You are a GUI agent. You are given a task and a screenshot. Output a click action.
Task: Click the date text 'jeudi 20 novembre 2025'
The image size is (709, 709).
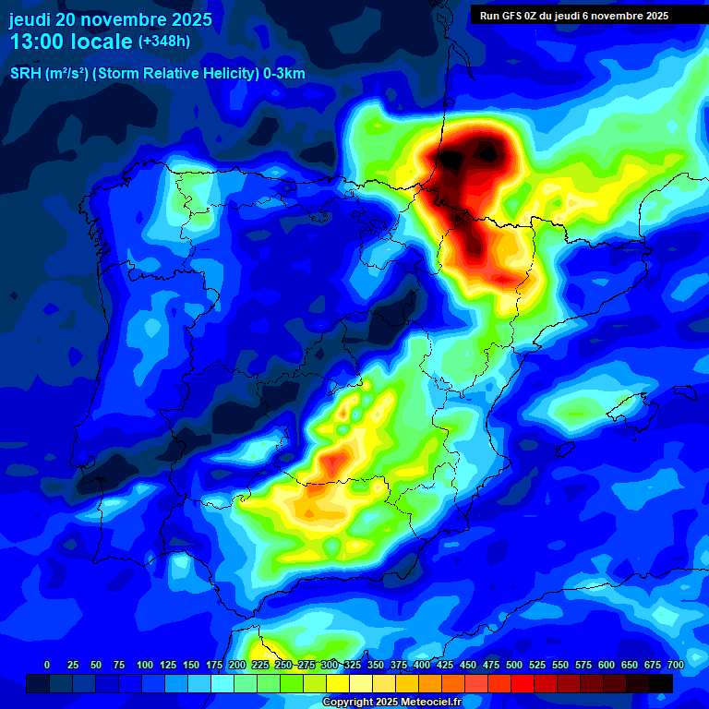coord(111,19)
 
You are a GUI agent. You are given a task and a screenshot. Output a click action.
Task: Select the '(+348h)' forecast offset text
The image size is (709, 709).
coord(164,42)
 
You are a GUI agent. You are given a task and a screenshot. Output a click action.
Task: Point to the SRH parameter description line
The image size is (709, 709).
coord(157,74)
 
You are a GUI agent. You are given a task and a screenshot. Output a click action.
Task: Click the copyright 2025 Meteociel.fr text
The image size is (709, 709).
coord(391,703)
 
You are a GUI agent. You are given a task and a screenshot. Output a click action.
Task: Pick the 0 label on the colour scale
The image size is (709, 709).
coord(47,665)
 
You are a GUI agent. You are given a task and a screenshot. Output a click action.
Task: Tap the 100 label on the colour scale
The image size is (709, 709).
coord(144,665)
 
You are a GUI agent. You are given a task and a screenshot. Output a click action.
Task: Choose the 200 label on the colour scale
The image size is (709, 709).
coord(236,665)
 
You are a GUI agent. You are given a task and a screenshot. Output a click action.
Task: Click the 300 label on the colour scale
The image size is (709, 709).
coord(329,665)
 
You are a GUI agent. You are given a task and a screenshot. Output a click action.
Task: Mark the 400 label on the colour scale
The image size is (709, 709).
coord(421,665)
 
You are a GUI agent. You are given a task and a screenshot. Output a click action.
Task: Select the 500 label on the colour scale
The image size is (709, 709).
coord(513,665)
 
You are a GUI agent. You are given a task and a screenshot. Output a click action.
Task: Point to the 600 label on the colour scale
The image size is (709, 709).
coord(606,665)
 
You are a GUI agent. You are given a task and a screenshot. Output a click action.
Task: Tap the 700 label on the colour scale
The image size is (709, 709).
coord(675,665)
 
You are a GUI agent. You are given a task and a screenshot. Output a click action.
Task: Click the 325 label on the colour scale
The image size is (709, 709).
coord(352,665)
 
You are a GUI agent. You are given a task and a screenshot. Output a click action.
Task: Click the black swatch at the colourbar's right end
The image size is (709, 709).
coord(661,683)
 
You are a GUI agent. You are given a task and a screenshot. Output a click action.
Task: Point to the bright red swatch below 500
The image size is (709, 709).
coord(523,683)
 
